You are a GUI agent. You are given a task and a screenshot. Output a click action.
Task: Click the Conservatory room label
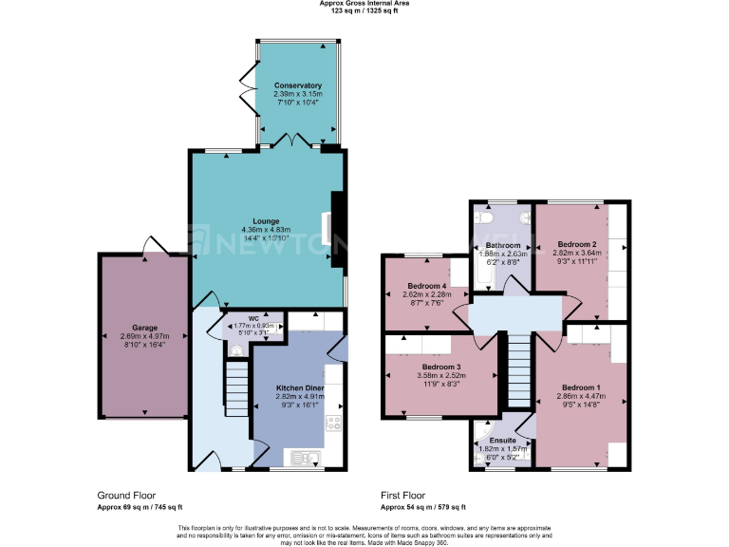tap(298, 85)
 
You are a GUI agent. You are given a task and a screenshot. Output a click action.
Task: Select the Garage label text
tap(144, 327)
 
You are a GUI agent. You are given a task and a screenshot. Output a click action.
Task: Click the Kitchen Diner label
tap(301, 388)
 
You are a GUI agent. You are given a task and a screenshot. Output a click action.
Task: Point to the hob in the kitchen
tap(333, 424)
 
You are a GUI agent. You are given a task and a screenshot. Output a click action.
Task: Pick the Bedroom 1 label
tap(580, 387)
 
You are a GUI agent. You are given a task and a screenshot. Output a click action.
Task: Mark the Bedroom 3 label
tap(440, 367)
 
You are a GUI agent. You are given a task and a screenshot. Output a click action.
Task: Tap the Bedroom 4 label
tap(426, 286)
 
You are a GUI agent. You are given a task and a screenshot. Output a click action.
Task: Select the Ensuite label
tap(503, 441)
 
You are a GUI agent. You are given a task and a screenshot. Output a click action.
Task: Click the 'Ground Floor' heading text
tap(126, 496)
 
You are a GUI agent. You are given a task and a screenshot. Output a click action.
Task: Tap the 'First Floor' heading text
tap(402, 496)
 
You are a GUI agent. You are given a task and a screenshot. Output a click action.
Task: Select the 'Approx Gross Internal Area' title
tap(364, 4)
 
